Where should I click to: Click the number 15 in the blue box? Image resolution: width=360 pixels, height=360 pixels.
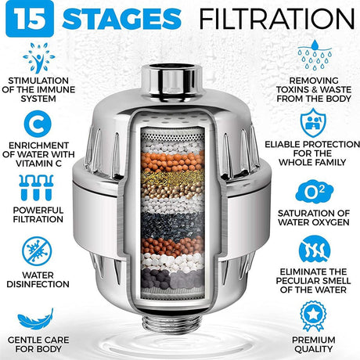click(x=23, y=18)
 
